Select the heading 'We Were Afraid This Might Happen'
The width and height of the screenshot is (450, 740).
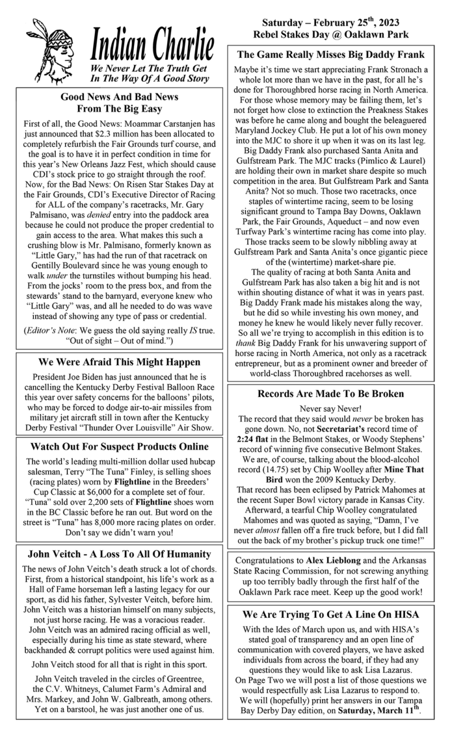pyautogui.click(x=119, y=362)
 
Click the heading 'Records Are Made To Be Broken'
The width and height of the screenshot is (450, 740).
pyautogui.click(x=331, y=394)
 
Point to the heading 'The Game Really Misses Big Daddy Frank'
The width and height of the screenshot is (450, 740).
pyautogui.click(x=331, y=55)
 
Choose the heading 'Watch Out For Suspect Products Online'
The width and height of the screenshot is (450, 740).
pyautogui.click(x=119, y=447)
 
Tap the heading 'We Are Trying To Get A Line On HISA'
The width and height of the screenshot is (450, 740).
pyautogui.click(x=331, y=615)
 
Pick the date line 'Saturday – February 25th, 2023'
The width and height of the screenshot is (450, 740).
pyautogui.click(x=330, y=23)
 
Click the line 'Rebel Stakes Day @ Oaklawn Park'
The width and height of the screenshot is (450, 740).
pyautogui.click(x=330, y=35)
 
